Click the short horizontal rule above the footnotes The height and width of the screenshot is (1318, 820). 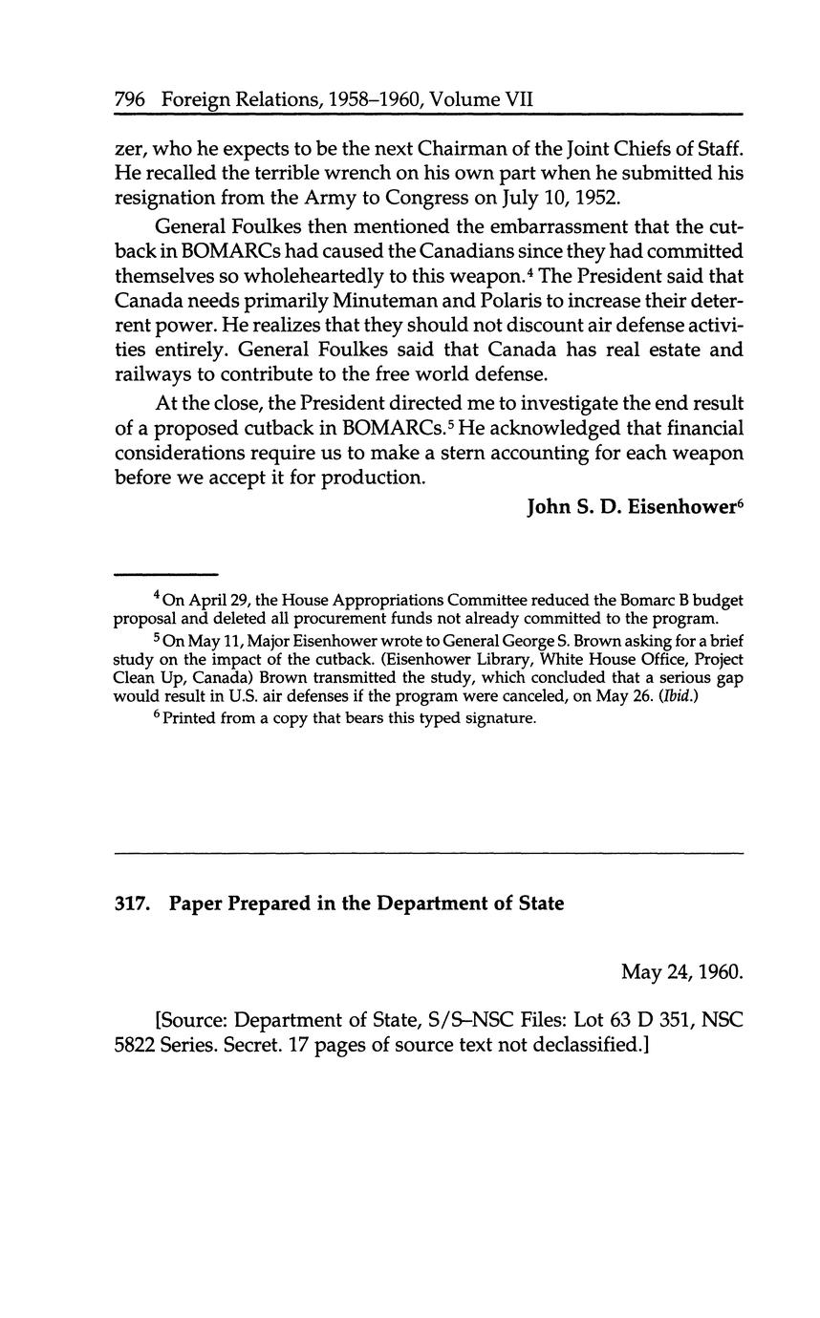pos(166,574)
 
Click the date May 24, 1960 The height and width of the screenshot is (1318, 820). pos(681,972)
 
